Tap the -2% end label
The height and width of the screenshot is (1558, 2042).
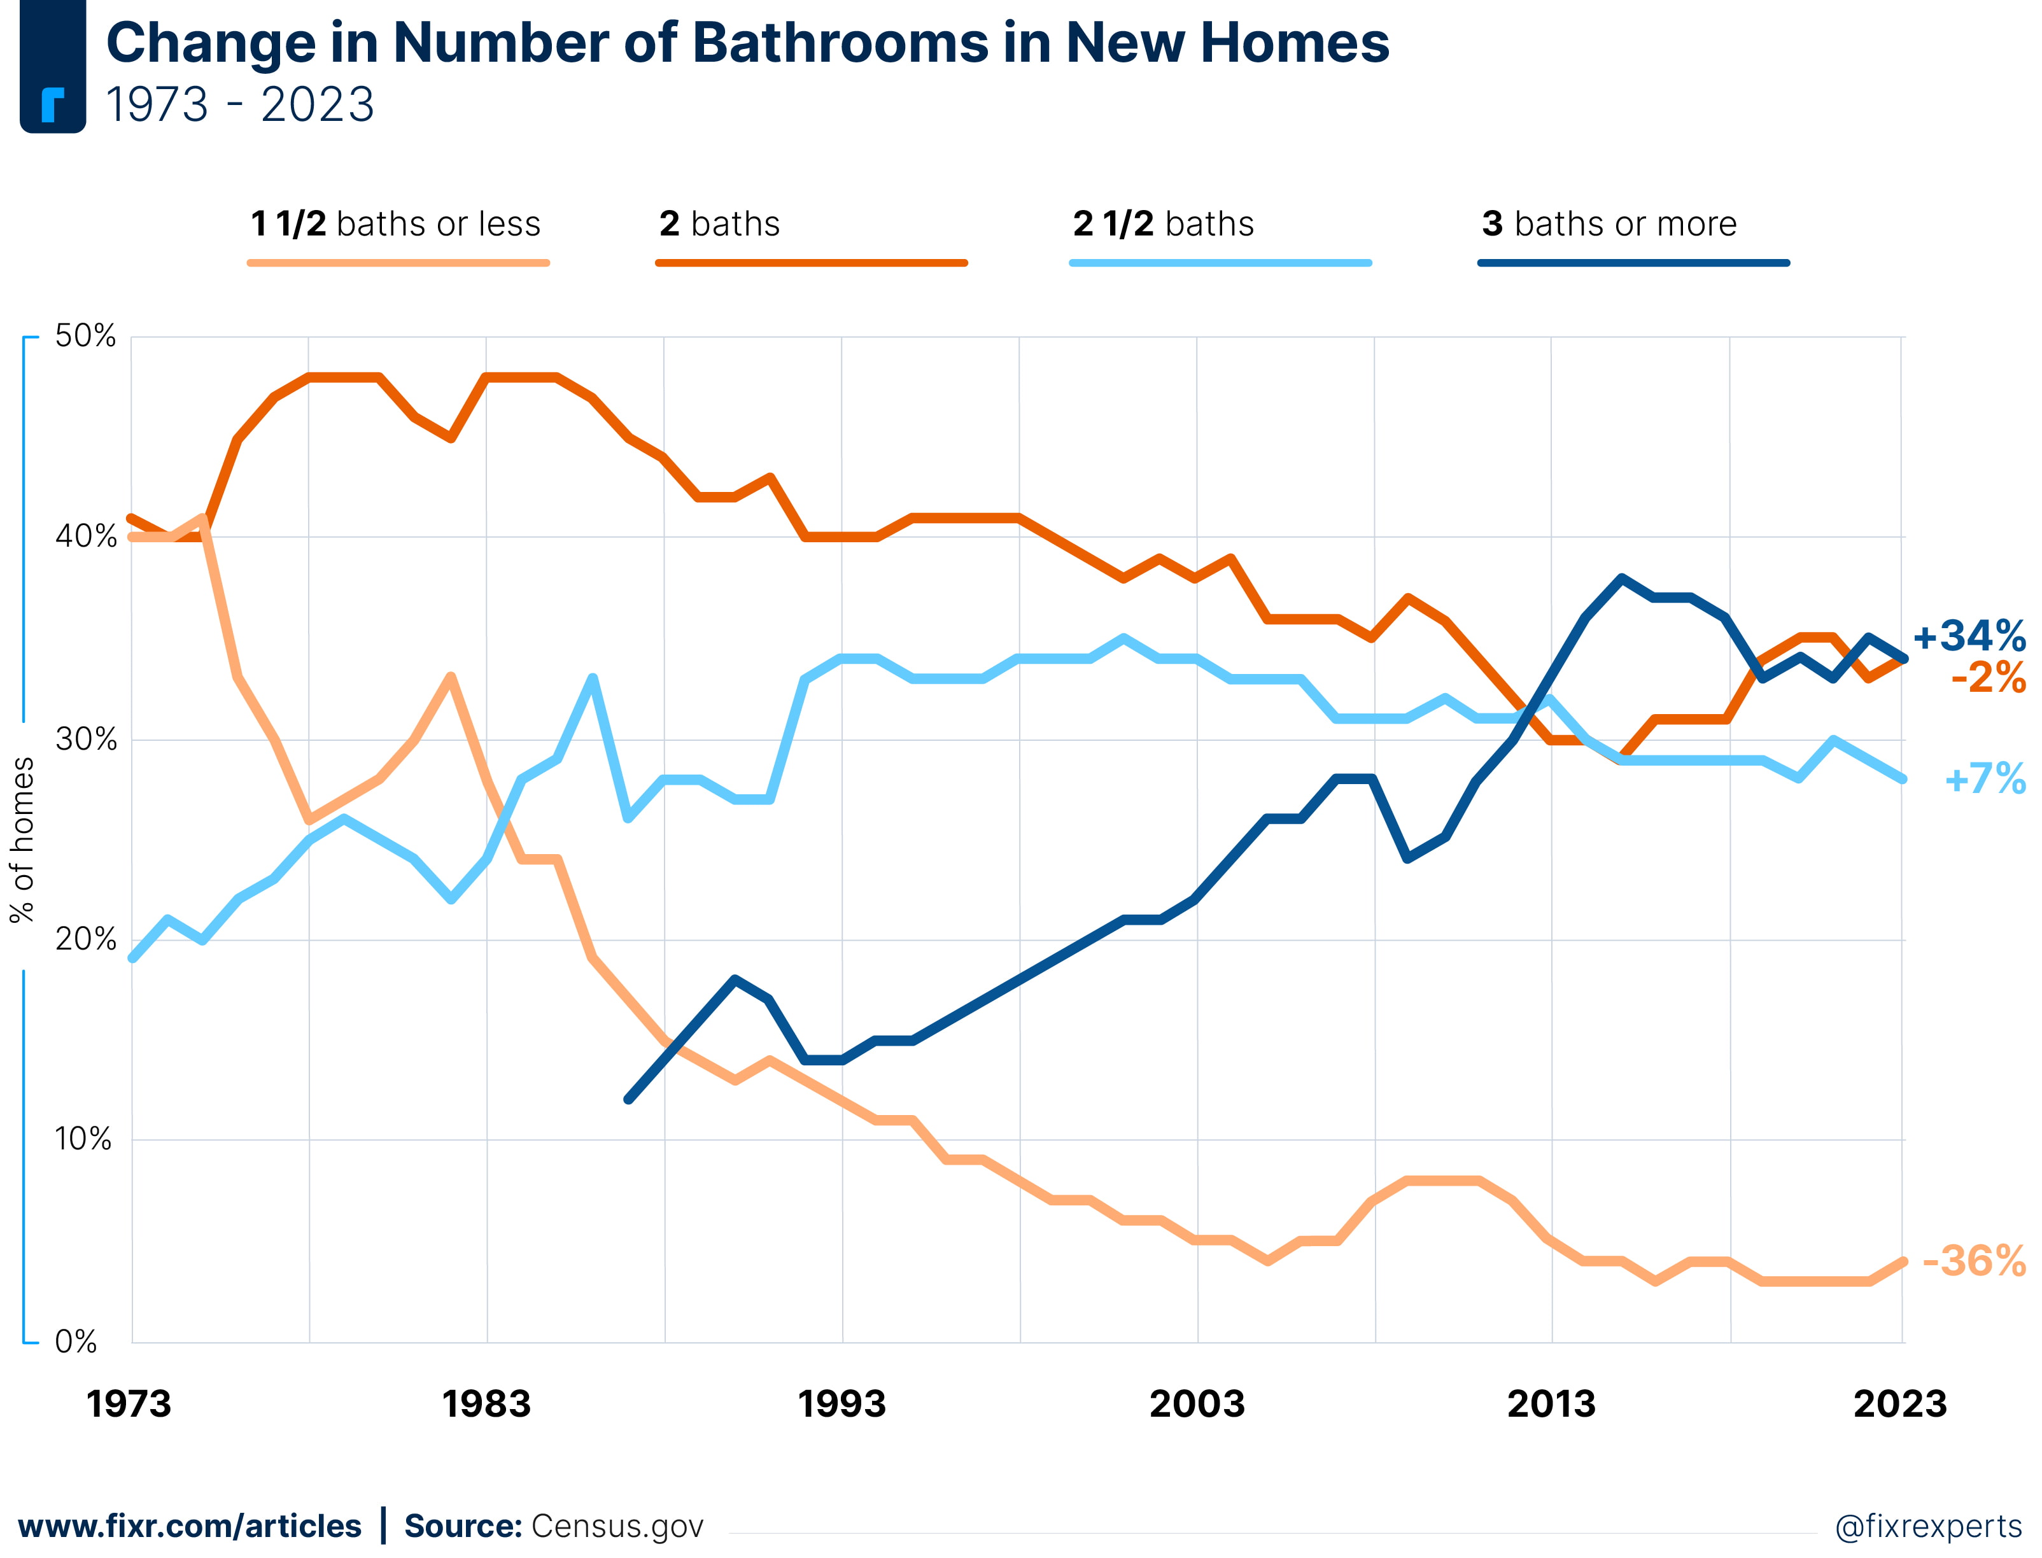1987,678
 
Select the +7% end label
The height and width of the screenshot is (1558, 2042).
1985,779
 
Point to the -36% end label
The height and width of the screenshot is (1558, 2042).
1973,1261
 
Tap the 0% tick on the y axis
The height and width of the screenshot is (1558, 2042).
76,1341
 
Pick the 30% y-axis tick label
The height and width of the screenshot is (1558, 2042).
85,739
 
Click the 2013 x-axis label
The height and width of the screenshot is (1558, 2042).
1551,1404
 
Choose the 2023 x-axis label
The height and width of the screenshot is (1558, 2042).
1899,1404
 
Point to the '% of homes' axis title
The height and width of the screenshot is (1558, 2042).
22,840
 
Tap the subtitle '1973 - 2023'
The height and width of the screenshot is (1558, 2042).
239,104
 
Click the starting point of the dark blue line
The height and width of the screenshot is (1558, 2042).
629,1099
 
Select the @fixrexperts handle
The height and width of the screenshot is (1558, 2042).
1928,1526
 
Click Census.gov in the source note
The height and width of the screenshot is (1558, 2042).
617,1526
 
